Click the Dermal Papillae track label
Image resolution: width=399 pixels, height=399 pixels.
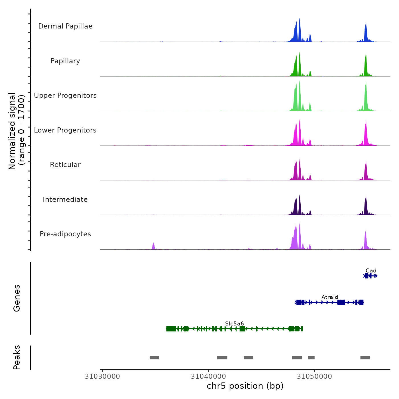[x=65, y=26]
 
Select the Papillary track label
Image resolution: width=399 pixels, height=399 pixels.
[x=65, y=61]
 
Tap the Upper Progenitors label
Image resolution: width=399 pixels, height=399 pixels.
[x=65, y=95]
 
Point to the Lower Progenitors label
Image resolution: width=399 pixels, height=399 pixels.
[x=65, y=130]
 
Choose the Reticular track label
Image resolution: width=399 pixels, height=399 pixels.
[x=65, y=165]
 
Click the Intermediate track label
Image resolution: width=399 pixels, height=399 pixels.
[x=65, y=199]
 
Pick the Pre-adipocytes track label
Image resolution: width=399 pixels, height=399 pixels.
[x=65, y=234]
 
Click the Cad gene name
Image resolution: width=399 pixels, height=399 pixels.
[x=371, y=271]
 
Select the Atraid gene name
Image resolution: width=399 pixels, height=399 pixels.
[x=330, y=297]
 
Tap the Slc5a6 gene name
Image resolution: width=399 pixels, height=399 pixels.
[x=234, y=324]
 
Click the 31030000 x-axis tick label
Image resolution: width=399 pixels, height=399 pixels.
[x=102, y=376]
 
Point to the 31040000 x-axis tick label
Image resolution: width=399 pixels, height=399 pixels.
[x=208, y=376]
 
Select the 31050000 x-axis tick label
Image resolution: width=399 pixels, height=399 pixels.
[x=314, y=376]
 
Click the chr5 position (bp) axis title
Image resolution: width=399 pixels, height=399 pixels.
[x=245, y=386]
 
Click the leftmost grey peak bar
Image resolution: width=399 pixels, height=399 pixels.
[x=154, y=358]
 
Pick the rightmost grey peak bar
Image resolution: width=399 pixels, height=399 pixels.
[x=365, y=358]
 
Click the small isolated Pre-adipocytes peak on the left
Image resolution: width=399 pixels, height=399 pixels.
[x=153, y=246]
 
